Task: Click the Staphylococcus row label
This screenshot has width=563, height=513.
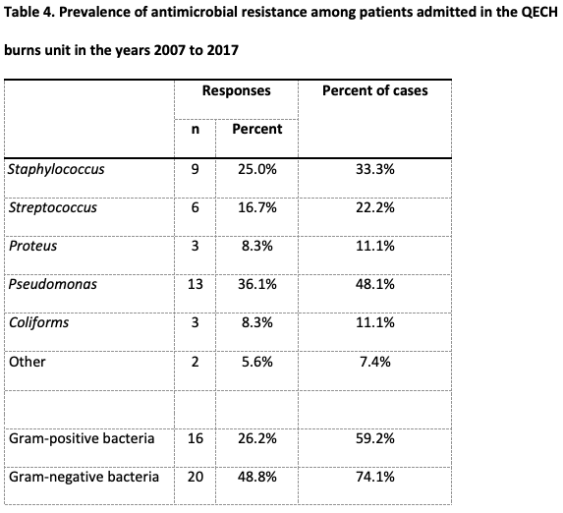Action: coord(56,170)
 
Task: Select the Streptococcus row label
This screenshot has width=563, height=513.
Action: coord(53,207)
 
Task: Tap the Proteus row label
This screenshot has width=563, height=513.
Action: coord(32,246)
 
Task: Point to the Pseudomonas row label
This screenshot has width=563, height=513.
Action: coord(53,284)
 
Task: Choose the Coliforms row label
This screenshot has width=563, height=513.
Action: coord(38,322)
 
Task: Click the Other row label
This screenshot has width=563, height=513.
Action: coord(28,362)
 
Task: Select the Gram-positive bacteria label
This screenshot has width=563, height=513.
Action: coord(82,438)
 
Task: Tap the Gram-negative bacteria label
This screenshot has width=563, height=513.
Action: coord(84,477)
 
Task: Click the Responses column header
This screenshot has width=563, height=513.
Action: coord(236,90)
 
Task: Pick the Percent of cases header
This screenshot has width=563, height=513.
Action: coord(375,90)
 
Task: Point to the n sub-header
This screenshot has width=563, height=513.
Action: coord(195,129)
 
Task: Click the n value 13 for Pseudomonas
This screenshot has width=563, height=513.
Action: coord(195,284)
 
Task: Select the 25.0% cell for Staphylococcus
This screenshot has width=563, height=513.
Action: coord(257,169)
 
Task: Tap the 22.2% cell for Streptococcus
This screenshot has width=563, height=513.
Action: coord(375,207)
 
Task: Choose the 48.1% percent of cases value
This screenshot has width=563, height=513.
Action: coord(375,284)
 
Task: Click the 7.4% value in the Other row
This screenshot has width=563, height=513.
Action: coord(375,362)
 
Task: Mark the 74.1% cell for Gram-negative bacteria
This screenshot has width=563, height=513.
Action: coord(375,477)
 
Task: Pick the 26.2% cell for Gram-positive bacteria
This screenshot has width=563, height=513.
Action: coord(257,438)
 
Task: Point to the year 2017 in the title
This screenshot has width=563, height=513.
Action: coord(223,50)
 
